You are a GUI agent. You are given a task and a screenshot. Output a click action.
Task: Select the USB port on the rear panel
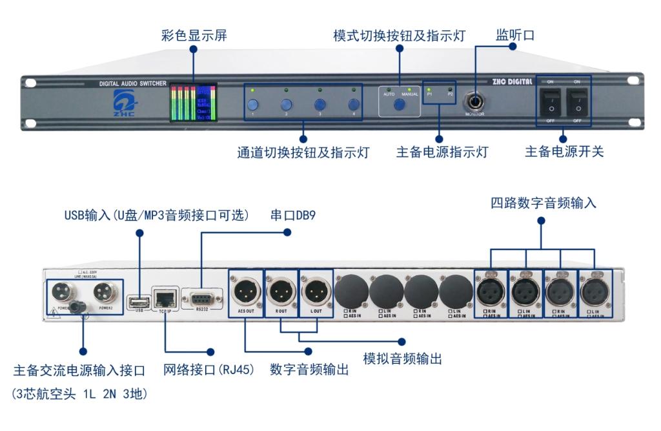tap(138, 300)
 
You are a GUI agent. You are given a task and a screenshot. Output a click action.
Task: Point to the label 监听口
tap(514, 34)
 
